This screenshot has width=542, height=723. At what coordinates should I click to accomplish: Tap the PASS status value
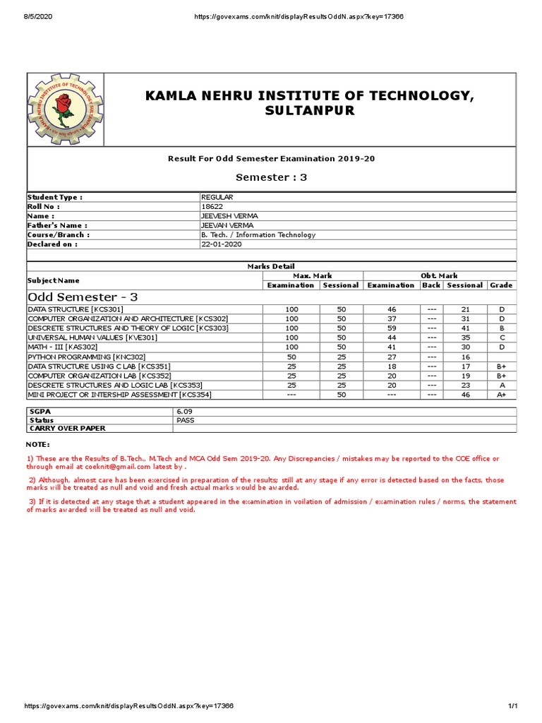pos(185,419)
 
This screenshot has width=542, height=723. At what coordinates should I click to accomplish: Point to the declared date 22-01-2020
pos(222,244)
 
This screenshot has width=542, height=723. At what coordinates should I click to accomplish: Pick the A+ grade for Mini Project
pos(501,395)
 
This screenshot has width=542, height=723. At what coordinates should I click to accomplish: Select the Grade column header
pos(501,285)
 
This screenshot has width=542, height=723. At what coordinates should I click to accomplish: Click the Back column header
pos(431,285)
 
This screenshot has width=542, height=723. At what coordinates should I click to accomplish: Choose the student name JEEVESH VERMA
pos(229,215)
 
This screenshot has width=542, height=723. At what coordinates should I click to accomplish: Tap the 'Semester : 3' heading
pos(271,177)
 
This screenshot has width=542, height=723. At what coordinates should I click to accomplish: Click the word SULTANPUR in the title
pos(310,112)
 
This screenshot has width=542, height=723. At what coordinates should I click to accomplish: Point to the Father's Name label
pos(56,225)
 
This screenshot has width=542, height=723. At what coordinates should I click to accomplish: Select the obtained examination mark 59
pos(392,328)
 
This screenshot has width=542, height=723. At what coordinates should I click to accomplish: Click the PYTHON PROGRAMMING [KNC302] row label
pos(86,357)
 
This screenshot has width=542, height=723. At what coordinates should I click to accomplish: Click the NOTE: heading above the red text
pos(37,444)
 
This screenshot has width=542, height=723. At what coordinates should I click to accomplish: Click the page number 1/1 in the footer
pos(513,706)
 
